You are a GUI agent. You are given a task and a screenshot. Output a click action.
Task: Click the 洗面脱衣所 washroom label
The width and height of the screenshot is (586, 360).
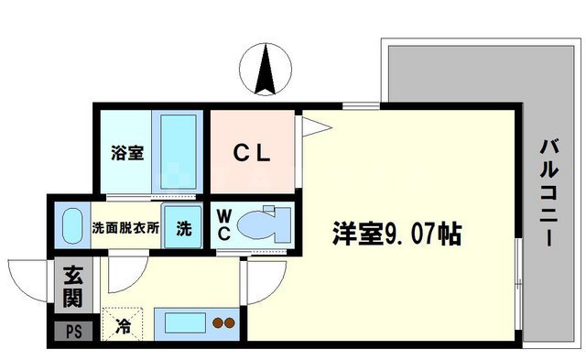coord(125,227)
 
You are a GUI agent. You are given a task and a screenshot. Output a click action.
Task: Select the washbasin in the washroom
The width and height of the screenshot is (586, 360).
coord(71,225)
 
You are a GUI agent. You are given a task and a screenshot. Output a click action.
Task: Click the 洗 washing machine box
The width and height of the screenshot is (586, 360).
coord(184,227)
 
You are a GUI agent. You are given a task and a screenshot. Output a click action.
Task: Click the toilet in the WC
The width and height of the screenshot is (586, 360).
coord(267,223)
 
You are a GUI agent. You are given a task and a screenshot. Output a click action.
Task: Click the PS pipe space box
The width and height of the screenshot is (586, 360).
coord(71,329)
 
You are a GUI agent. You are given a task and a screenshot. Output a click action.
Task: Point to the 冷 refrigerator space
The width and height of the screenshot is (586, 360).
coord(122,322)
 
